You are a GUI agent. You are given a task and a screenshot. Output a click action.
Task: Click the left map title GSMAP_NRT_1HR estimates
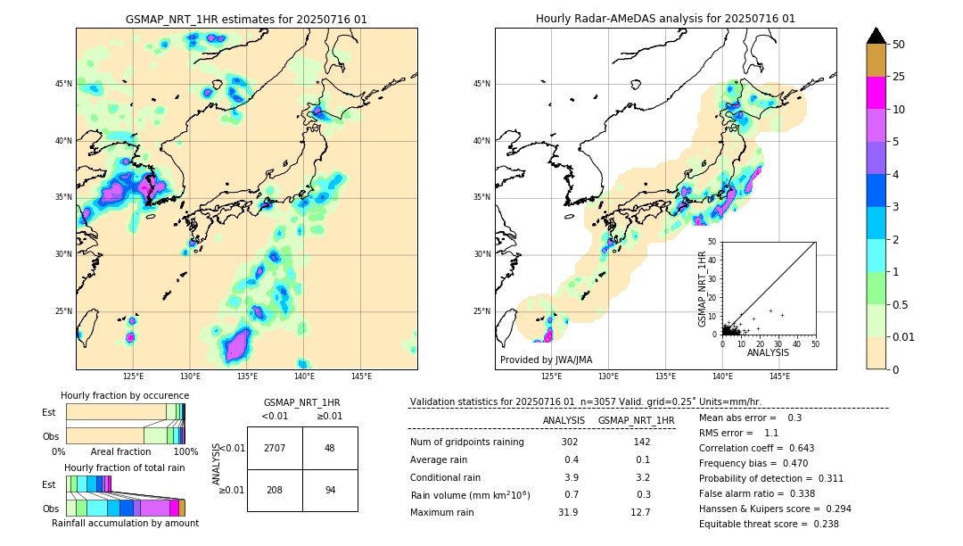pyautogui.click(x=246, y=19)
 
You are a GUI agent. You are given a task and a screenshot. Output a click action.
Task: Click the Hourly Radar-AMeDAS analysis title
pyautogui.click(x=665, y=19)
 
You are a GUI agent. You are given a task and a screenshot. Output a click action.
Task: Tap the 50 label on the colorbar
pyautogui.click(x=899, y=45)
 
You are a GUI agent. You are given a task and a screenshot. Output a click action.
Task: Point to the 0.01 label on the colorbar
pyautogui.click(x=904, y=336)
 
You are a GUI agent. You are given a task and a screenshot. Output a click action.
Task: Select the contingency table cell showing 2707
pyautogui.click(x=275, y=448)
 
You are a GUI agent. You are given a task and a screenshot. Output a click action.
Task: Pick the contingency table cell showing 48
pyautogui.click(x=329, y=448)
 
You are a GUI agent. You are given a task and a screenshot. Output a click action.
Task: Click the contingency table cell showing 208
pyautogui.click(x=275, y=490)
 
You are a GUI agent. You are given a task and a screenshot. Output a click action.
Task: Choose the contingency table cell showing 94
pyautogui.click(x=329, y=490)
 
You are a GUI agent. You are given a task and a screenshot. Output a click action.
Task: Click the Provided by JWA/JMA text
pyautogui.click(x=546, y=360)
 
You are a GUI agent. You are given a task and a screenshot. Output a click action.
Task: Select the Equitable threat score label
pyautogui.click(x=744, y=524)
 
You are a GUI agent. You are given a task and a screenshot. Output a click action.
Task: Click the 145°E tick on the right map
pyautogui.click(x=779, y=376)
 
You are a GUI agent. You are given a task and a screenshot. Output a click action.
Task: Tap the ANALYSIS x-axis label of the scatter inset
pyautogui.click(x=768, y=352)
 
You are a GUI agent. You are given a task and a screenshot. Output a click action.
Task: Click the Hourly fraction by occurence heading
pyautogui.click(x=125, y=395)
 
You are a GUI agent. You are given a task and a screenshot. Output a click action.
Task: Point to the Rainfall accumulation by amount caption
pyautogui.click(x=125, y=523)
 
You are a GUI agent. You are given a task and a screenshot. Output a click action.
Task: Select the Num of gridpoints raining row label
pyautogui.click(x=466, y=442)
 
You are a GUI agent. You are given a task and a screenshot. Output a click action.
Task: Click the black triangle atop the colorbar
pyautogui.click(x=877, y=36)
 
